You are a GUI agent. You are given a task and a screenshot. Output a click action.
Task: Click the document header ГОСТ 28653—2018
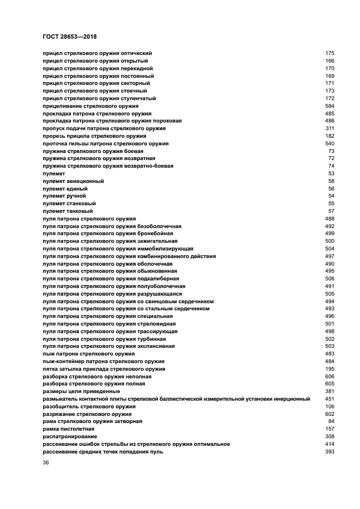(69, 36)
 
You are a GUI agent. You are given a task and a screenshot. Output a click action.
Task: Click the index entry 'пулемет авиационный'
(73, 181)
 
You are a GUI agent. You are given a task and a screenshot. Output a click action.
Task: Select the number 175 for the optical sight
(330, 53)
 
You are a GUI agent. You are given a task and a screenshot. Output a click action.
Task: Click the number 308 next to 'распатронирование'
(330, 437)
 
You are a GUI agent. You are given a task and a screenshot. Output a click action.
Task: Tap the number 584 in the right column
(330, 106)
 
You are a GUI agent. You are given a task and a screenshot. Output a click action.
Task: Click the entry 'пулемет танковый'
(68, 211)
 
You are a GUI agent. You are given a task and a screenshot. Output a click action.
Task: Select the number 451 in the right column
(330, 399)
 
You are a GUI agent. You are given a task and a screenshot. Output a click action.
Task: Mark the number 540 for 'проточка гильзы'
(330, 143)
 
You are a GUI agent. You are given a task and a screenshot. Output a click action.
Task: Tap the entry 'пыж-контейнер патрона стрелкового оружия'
(103, 361)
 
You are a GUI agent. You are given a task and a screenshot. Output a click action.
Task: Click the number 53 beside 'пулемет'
(331, 173)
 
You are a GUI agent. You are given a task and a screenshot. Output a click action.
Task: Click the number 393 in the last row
(330, 452)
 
